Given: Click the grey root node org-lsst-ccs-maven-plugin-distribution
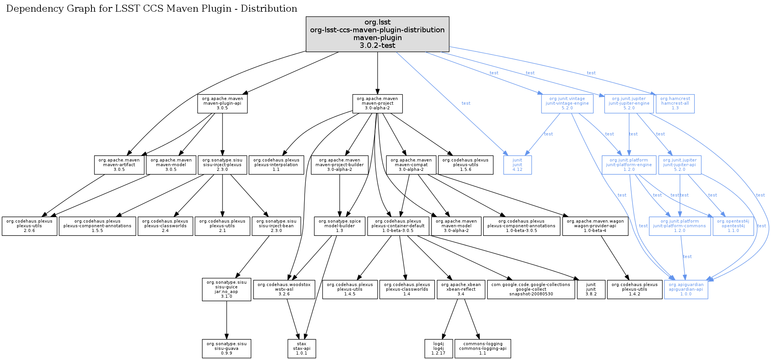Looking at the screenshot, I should pyautogui.click(x=377, y=34).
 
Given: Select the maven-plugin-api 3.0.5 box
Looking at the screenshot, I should pyautogui.click(x=222, y=104).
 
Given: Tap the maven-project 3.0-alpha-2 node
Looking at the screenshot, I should pyautogui.click(x=377, y=104).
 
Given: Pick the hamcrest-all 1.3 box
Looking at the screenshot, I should pyautogui.click(x=675, y=104).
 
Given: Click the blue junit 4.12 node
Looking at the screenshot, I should pyautogui.click(x=517, y=165).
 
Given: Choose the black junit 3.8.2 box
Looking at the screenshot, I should pyautogui.click(x=591, y=289).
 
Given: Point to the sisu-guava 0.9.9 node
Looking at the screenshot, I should pyautogui.click(x=226, y=348).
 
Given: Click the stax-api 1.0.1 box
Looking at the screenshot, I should pyautogui.click(x=301, y=348).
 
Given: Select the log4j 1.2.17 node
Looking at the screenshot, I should pyautogui.click(x=438, y=348).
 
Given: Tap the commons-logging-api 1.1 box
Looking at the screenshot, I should pyautogui.click(x=482, y=348).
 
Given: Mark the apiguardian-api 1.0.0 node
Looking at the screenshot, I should pyautogui.click(x=686, y=289).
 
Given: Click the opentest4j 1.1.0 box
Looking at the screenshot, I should pyautogui.click(x=733, y=226).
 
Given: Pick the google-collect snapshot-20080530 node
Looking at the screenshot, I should pyautogui.click(x=531, y=289).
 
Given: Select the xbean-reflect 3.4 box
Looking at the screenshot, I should pyautogui.click(x=461, y=289).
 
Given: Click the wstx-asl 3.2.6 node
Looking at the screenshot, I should pyautogui.click(x=284, y=289).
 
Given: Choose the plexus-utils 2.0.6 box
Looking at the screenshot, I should pyautogui.click(x=29, y=226).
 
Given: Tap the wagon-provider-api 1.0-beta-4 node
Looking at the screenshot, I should pyautogui.click(x=595, y=226).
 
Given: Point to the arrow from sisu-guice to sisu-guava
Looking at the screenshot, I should pyautogui.click(x=226, y=319).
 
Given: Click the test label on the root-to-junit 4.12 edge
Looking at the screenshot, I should pyautogui.click(x=466, y=103).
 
